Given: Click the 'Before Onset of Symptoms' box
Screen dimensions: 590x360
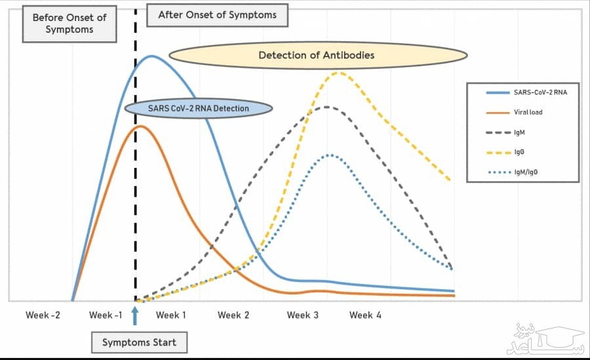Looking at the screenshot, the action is [69, 24].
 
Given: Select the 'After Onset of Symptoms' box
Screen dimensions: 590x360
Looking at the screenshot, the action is [217, 15].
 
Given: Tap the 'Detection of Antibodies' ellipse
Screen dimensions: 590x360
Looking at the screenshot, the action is [318, 55].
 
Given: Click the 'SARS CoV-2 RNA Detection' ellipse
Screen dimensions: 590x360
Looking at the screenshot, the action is [198, 108].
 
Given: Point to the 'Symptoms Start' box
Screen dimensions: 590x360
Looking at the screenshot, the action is [139, 342].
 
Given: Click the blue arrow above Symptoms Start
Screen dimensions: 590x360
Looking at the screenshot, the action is [134, 316].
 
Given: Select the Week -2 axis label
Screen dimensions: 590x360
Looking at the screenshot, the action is [43, 315].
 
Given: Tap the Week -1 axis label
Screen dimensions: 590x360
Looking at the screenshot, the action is [106, 315].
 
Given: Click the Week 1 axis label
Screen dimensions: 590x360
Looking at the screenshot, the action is [171, 315].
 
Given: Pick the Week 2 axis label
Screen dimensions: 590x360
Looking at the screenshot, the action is [233, 315].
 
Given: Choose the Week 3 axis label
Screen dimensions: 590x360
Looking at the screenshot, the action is [302, 315].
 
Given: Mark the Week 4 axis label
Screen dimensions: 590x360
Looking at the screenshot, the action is [365, 315].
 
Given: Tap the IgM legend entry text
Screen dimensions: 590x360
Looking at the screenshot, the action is [519, 132].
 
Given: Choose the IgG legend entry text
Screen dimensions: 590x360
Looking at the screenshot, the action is [519, 152].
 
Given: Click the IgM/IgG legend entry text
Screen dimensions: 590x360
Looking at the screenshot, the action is [526, 172].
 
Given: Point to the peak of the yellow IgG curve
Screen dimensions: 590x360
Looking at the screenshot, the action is [340, 73].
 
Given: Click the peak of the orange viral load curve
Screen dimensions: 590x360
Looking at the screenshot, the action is [140, 127].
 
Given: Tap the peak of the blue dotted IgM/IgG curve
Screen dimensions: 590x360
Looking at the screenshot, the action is [330, 155].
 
